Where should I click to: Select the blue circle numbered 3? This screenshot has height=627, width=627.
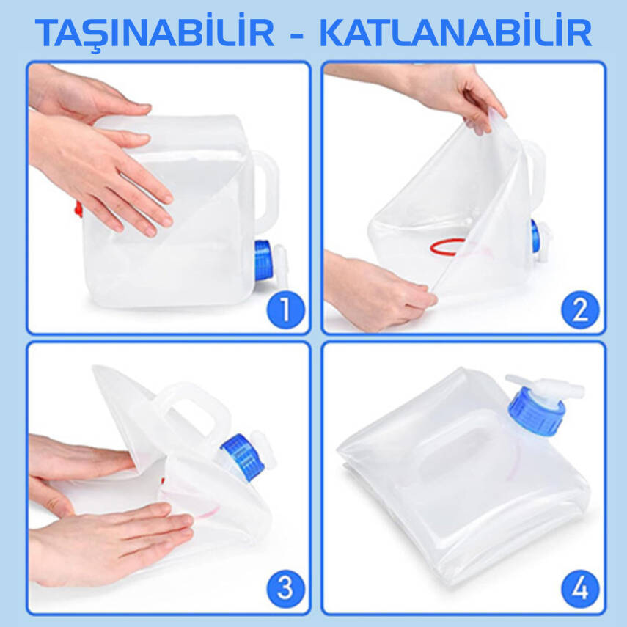[x=285, y=589]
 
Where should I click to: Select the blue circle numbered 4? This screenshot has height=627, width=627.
[x=580, y=589]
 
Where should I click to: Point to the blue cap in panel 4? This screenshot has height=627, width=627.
[x=537, y=413]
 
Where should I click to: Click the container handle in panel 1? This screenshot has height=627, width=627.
[x=265, y=187]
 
